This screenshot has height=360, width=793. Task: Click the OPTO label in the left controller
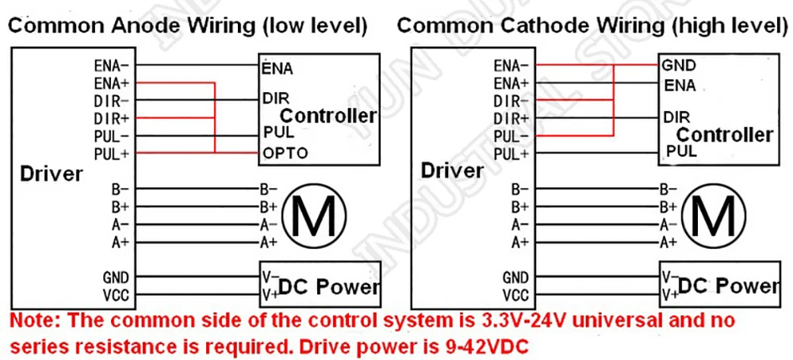[x=285, y=153]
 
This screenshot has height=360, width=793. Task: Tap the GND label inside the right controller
[x=680, y=65]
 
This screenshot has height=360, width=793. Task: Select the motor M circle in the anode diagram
[x=314, y=216]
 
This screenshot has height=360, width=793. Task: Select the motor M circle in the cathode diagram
[x=714, y=216]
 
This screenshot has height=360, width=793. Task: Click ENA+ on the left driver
[x=113, y=83]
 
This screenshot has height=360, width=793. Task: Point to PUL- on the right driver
[x=511, y=136]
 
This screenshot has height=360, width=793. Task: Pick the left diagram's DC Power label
[x=329, y=287]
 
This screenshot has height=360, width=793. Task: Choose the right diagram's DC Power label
[x=728, y=287]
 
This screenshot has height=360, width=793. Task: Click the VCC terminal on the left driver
[x=116, y=295]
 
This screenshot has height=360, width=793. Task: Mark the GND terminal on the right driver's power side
[x=515, y=277]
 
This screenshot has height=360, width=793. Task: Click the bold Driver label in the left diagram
[x=51, y=174]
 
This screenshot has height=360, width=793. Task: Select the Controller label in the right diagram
[x=725, y=135]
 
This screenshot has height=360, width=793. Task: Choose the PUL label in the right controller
[x=681, y=151]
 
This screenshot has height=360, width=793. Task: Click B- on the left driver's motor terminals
[x=121, y=190]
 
